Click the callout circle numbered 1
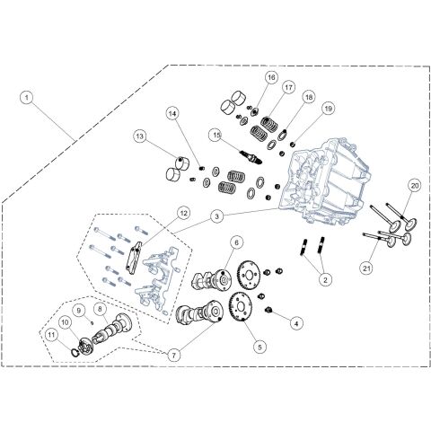click(29, 96)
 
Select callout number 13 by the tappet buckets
click(140, 136)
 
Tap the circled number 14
click(172, 113)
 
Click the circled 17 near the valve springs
click(289, 88)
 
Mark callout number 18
click(308, 98)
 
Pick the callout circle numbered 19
click(329, 109)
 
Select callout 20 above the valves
click(415, 186)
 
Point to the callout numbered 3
click(217, 215)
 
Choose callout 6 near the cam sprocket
click(236, 242)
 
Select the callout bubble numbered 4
click(297, 322)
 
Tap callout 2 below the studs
click(325, 280)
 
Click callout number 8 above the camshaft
click(101, 307)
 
